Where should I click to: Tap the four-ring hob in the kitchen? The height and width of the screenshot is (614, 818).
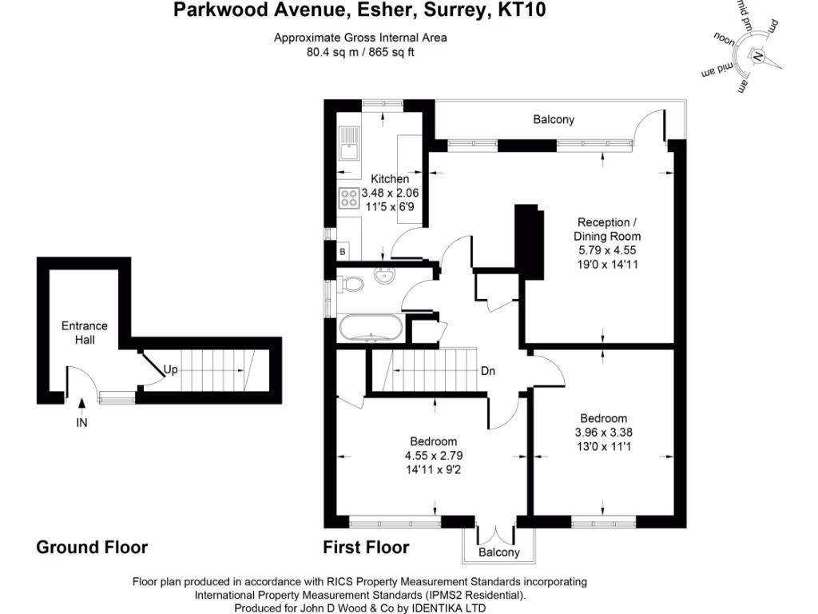click(348, 197)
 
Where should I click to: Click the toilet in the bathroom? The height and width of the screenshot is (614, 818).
click(349, 284)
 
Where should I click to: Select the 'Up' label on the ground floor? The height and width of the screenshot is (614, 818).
click(170, 369)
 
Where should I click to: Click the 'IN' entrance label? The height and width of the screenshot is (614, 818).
click(81, 423)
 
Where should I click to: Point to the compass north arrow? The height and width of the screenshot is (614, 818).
click(757, 57)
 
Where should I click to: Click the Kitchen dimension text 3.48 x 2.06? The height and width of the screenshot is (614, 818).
click(390, 193)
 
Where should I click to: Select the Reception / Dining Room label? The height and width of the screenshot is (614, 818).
click(607, 229)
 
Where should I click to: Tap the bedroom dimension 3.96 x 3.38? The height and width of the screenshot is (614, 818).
click(603, 433)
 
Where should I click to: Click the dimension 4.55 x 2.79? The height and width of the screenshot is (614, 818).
click(433, 456)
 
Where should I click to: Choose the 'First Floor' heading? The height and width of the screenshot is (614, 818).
click(366, 548)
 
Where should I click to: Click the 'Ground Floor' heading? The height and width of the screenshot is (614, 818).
click(92, 548)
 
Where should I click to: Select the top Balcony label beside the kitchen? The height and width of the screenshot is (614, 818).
click(554, 120)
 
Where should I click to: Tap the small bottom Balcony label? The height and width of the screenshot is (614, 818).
click(498, 552)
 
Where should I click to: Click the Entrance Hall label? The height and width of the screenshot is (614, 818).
click(85, 333)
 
